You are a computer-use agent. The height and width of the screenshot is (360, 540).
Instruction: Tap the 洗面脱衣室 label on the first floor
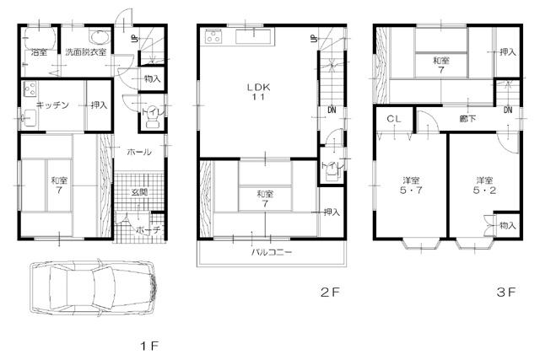point(86,52)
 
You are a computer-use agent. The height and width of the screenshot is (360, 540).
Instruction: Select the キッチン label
point(39,105)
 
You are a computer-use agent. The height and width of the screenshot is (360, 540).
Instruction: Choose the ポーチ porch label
point(149,229)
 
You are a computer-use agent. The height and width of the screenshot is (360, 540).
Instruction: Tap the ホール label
point(139,153)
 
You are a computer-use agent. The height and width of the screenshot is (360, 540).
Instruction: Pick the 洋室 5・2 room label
point(483,186)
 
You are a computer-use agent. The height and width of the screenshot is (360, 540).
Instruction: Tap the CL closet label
point(393,120)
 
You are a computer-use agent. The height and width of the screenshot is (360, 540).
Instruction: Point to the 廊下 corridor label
point(467,119)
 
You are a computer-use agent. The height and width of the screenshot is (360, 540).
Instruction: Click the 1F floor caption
point(148,346)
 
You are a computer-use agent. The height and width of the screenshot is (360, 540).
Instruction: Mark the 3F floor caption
point(505,293)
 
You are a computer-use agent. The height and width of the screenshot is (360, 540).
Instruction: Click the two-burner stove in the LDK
point(212,35)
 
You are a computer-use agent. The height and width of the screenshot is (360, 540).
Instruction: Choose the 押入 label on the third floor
point(507,52)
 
